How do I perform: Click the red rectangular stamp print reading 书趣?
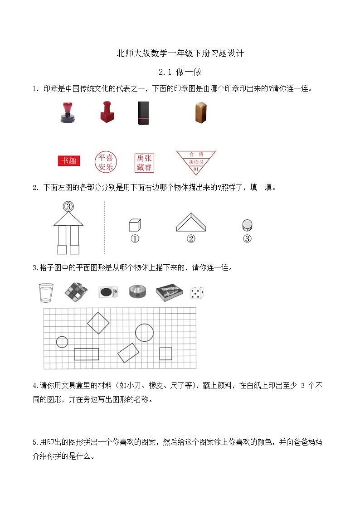tap(69, 161)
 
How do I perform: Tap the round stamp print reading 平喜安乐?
tap(105, 162)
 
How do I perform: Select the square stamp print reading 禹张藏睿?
tap(144, 163)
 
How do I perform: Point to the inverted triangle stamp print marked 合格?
tap(196, 161)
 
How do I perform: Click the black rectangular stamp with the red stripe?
tap(143, 113)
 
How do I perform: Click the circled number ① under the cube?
tap(135, 239)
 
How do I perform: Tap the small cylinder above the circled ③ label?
tap(247, 225)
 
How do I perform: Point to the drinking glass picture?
tap(46, 292)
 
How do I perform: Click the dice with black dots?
tap(197, 293)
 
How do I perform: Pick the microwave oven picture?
tap(108, 292)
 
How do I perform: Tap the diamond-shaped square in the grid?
tap(98, 323)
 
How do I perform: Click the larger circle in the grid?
tap(144, 332)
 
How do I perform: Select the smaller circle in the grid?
tap(62, 342)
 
